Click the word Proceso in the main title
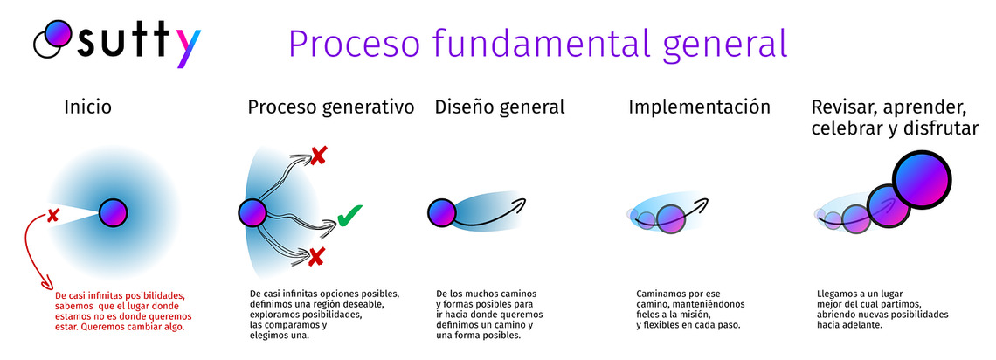pyautogui.click(x=345, y=42)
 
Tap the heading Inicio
pyautogui.click(x=87, y=107)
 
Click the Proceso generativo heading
pyautogui.click(x=330, y=107)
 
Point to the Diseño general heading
pyautogui.click(x=500, y=107)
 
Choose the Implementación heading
pyautogui.click(x=699, y=107)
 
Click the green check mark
pyautogui.click(x=350, y=216)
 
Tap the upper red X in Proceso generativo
pyautogui.click(x=319, y=156)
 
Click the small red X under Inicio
pyautogui.click(x=53, y=214)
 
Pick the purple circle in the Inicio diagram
pyautogui.click(x=114, y=212)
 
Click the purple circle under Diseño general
pyautogui.click(x=441, y=211)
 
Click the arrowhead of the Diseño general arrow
pyautogui.click(x=520, y=204)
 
